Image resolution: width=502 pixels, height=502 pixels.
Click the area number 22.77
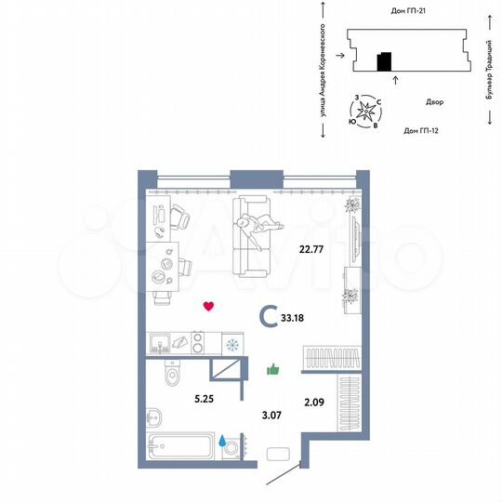310,249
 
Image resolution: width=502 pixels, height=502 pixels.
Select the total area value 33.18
305,318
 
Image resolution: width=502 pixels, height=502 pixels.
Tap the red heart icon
210,305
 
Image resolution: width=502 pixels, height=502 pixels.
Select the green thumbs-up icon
273,369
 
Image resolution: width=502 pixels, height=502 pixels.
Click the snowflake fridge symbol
231,345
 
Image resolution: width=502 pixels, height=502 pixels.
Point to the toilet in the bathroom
169,375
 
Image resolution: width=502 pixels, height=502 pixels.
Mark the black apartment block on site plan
383,62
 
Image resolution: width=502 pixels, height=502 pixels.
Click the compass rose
369,112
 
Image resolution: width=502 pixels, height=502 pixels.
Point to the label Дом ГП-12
421,131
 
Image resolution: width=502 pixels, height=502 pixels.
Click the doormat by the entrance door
280,456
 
